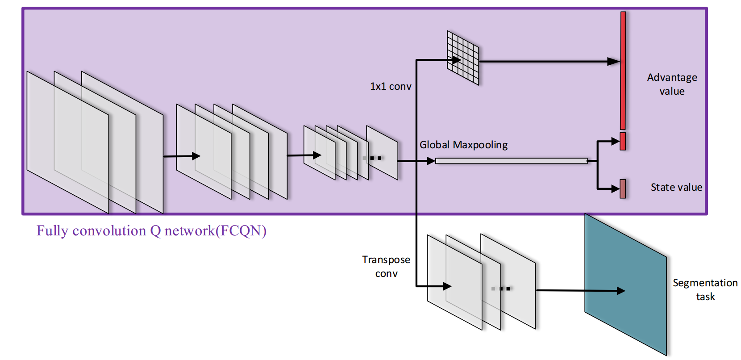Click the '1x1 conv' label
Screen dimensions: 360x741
(391, 86)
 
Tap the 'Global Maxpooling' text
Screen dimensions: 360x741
(463, 145)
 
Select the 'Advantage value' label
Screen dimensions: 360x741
(672, 84)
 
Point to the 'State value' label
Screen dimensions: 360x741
(676, 187)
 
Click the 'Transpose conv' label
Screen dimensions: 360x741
(386, 266)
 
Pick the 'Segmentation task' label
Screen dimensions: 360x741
(705, 289)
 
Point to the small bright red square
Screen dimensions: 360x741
(623, 141)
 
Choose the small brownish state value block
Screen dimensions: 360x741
(623, 188)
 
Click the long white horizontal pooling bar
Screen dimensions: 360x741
(511, 161)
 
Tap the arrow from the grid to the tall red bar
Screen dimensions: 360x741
(549, 62)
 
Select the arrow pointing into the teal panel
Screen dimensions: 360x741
(580, 291)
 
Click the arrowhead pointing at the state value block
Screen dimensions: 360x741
(615, 189)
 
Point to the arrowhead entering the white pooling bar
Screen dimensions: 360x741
(431, 161)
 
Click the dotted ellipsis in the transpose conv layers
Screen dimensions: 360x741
(501, 289)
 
